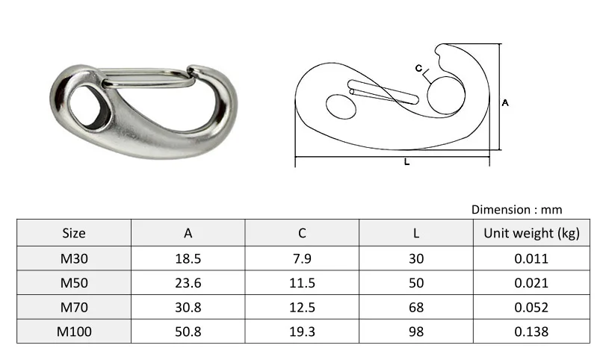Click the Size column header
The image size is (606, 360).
pyautogui.click(x=73, y=233)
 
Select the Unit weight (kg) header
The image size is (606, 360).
pyautogui.click(x=531, y=233)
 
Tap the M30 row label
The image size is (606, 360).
pyautogui.click(x=73, y=258)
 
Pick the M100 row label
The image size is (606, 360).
pyautogui.click(x=73, y=332)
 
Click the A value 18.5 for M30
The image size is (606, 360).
pyautogui.click(x=188, y=258)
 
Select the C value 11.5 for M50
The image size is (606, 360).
pyautogui.click(x=302, y=283)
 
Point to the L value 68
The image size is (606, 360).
pyautogui.click(x=416, y=307)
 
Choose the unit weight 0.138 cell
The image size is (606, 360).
pyautogui.click(x=531, y=332)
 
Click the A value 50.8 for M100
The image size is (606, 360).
pyautogui.click(x=188, y=332)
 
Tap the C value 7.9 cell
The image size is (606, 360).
pyautogui.click(x=302, y=258)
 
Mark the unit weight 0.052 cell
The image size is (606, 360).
pyautogui.click(x=531, y=307)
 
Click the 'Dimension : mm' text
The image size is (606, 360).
pyautogui.click(x=516, y=210)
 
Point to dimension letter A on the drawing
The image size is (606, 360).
pyautogui.click(x=506, y=104)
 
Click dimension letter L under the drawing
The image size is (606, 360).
pyautogui.click(x=406, y=162)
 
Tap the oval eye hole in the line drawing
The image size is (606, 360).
pyautogui.click(x=343, y=107)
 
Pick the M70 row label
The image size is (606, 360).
pyautogui.click(x=73, y=307)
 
